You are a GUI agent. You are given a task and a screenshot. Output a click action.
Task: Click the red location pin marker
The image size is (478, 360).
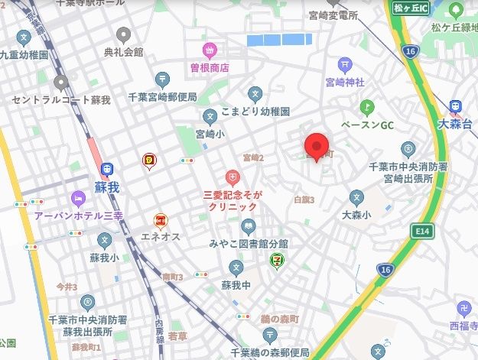point(316,145)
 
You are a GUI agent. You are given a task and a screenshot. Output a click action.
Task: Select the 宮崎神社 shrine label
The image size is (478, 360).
point(347,83)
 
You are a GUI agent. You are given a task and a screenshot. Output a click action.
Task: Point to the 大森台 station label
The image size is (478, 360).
point(456,123)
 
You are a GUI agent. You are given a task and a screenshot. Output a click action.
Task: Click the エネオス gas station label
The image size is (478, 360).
point(161,236)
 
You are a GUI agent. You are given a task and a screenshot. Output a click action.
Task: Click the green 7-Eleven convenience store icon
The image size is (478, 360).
point(274,262)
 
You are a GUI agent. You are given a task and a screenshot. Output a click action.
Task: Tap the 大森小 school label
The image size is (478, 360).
point(356,216)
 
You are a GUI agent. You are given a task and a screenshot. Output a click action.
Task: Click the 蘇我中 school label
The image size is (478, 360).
point(236,285)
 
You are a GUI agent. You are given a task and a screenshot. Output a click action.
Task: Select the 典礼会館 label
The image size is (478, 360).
point(123,52)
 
